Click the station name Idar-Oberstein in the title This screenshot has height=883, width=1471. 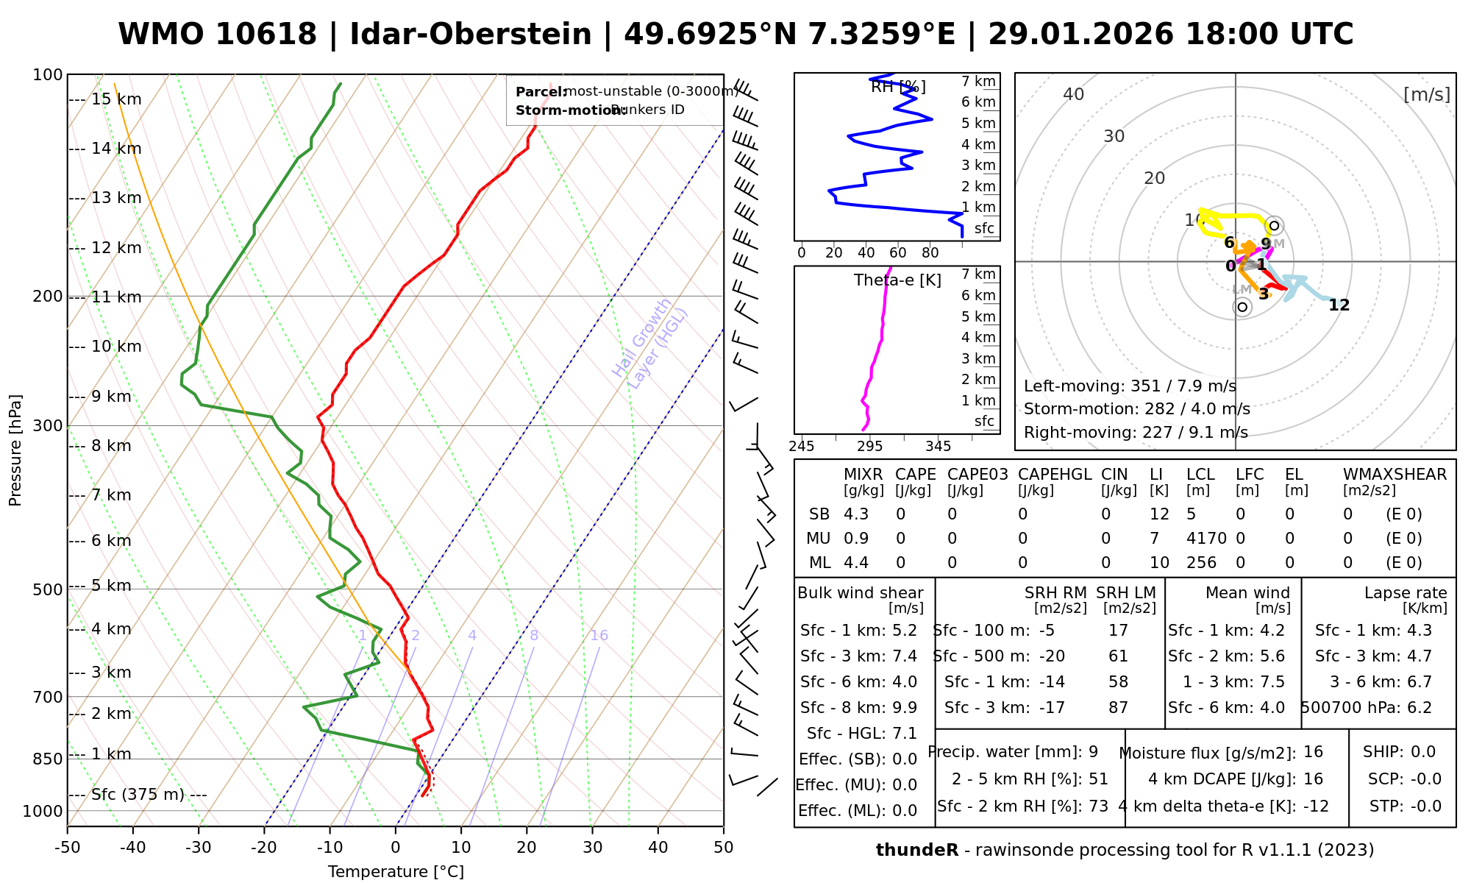(471, 35)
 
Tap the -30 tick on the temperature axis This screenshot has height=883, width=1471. (199, 848)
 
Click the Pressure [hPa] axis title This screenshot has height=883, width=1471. (15, 450)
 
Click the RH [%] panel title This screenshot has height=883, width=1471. (898, 88)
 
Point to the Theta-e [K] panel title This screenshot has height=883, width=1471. (897, 280)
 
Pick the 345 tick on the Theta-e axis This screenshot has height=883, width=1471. (938, 447)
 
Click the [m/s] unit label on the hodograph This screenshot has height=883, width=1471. (1427, 95)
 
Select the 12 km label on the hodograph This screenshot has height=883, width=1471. (1339, 305)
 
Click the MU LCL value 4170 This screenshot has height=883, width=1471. (1206, 539)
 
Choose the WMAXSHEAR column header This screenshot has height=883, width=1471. (1395, 475)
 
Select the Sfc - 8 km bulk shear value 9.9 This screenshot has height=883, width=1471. (904, 708)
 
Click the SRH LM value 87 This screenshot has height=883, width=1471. (1118, 708)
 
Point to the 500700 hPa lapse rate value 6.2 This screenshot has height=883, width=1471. (1419, 708)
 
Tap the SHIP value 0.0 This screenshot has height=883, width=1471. (1423, 752)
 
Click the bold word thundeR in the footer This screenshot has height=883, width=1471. (916, 851)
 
